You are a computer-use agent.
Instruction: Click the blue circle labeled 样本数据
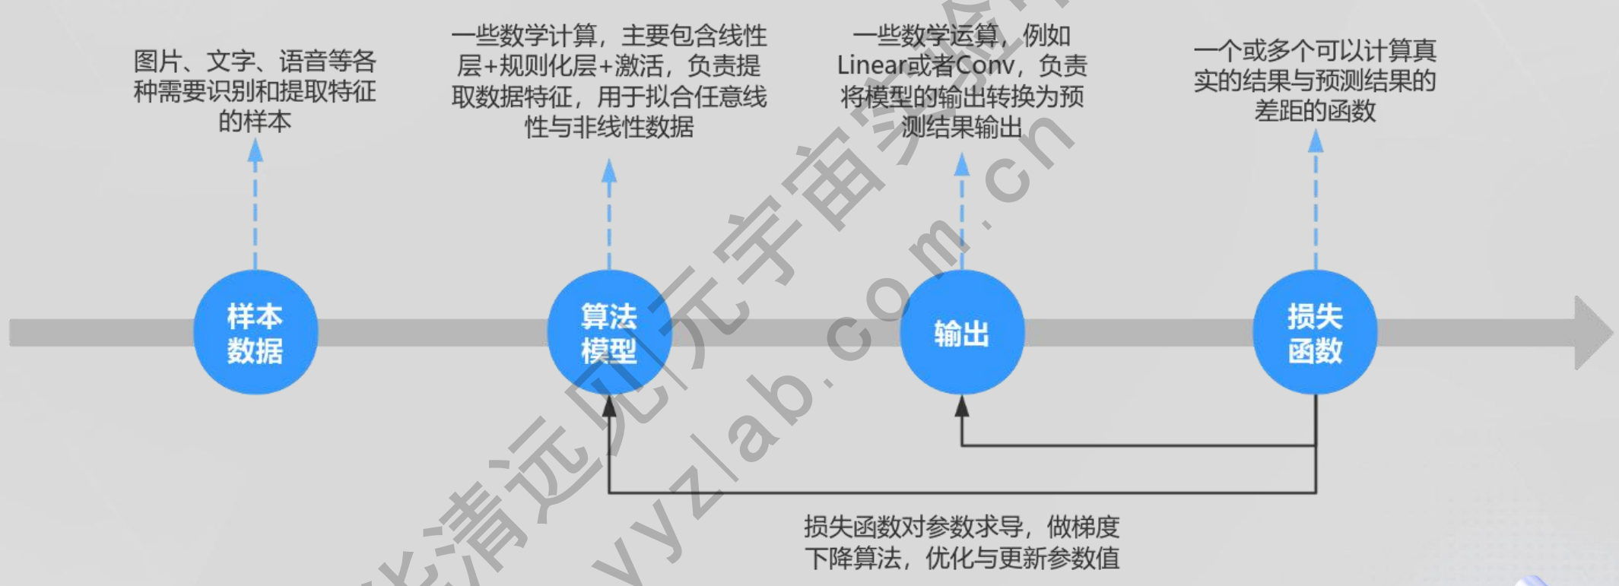tap(255, 332)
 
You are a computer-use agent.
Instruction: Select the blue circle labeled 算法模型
tap(609, 332)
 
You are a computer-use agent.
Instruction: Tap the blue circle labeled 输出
tap(962, 332)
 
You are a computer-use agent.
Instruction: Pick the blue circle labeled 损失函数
tap(1315, 332)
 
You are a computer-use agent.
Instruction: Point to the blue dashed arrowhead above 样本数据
tap(256, 150)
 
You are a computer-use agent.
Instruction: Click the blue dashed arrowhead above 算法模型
tap(609, 170)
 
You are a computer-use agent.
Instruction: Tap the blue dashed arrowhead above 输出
tap(962, 163)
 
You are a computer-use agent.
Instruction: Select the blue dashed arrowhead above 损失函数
tap(1316, 141)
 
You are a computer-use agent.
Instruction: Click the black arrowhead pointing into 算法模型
tap(609, 407)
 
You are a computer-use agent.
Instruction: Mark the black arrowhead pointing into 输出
tap(962, 407)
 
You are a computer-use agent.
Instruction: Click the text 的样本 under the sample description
tap(255, 122)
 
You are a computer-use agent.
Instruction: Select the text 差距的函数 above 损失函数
tap(1315, 111)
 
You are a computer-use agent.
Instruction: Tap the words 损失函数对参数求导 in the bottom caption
tap(913, 527)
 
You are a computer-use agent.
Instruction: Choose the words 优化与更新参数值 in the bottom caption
tap(1022, 559)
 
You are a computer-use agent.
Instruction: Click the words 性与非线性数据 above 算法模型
tap(609, 127)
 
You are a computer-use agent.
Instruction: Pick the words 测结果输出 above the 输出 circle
tap(962, 127)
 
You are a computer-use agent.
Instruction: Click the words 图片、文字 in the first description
tap(193, 61)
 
